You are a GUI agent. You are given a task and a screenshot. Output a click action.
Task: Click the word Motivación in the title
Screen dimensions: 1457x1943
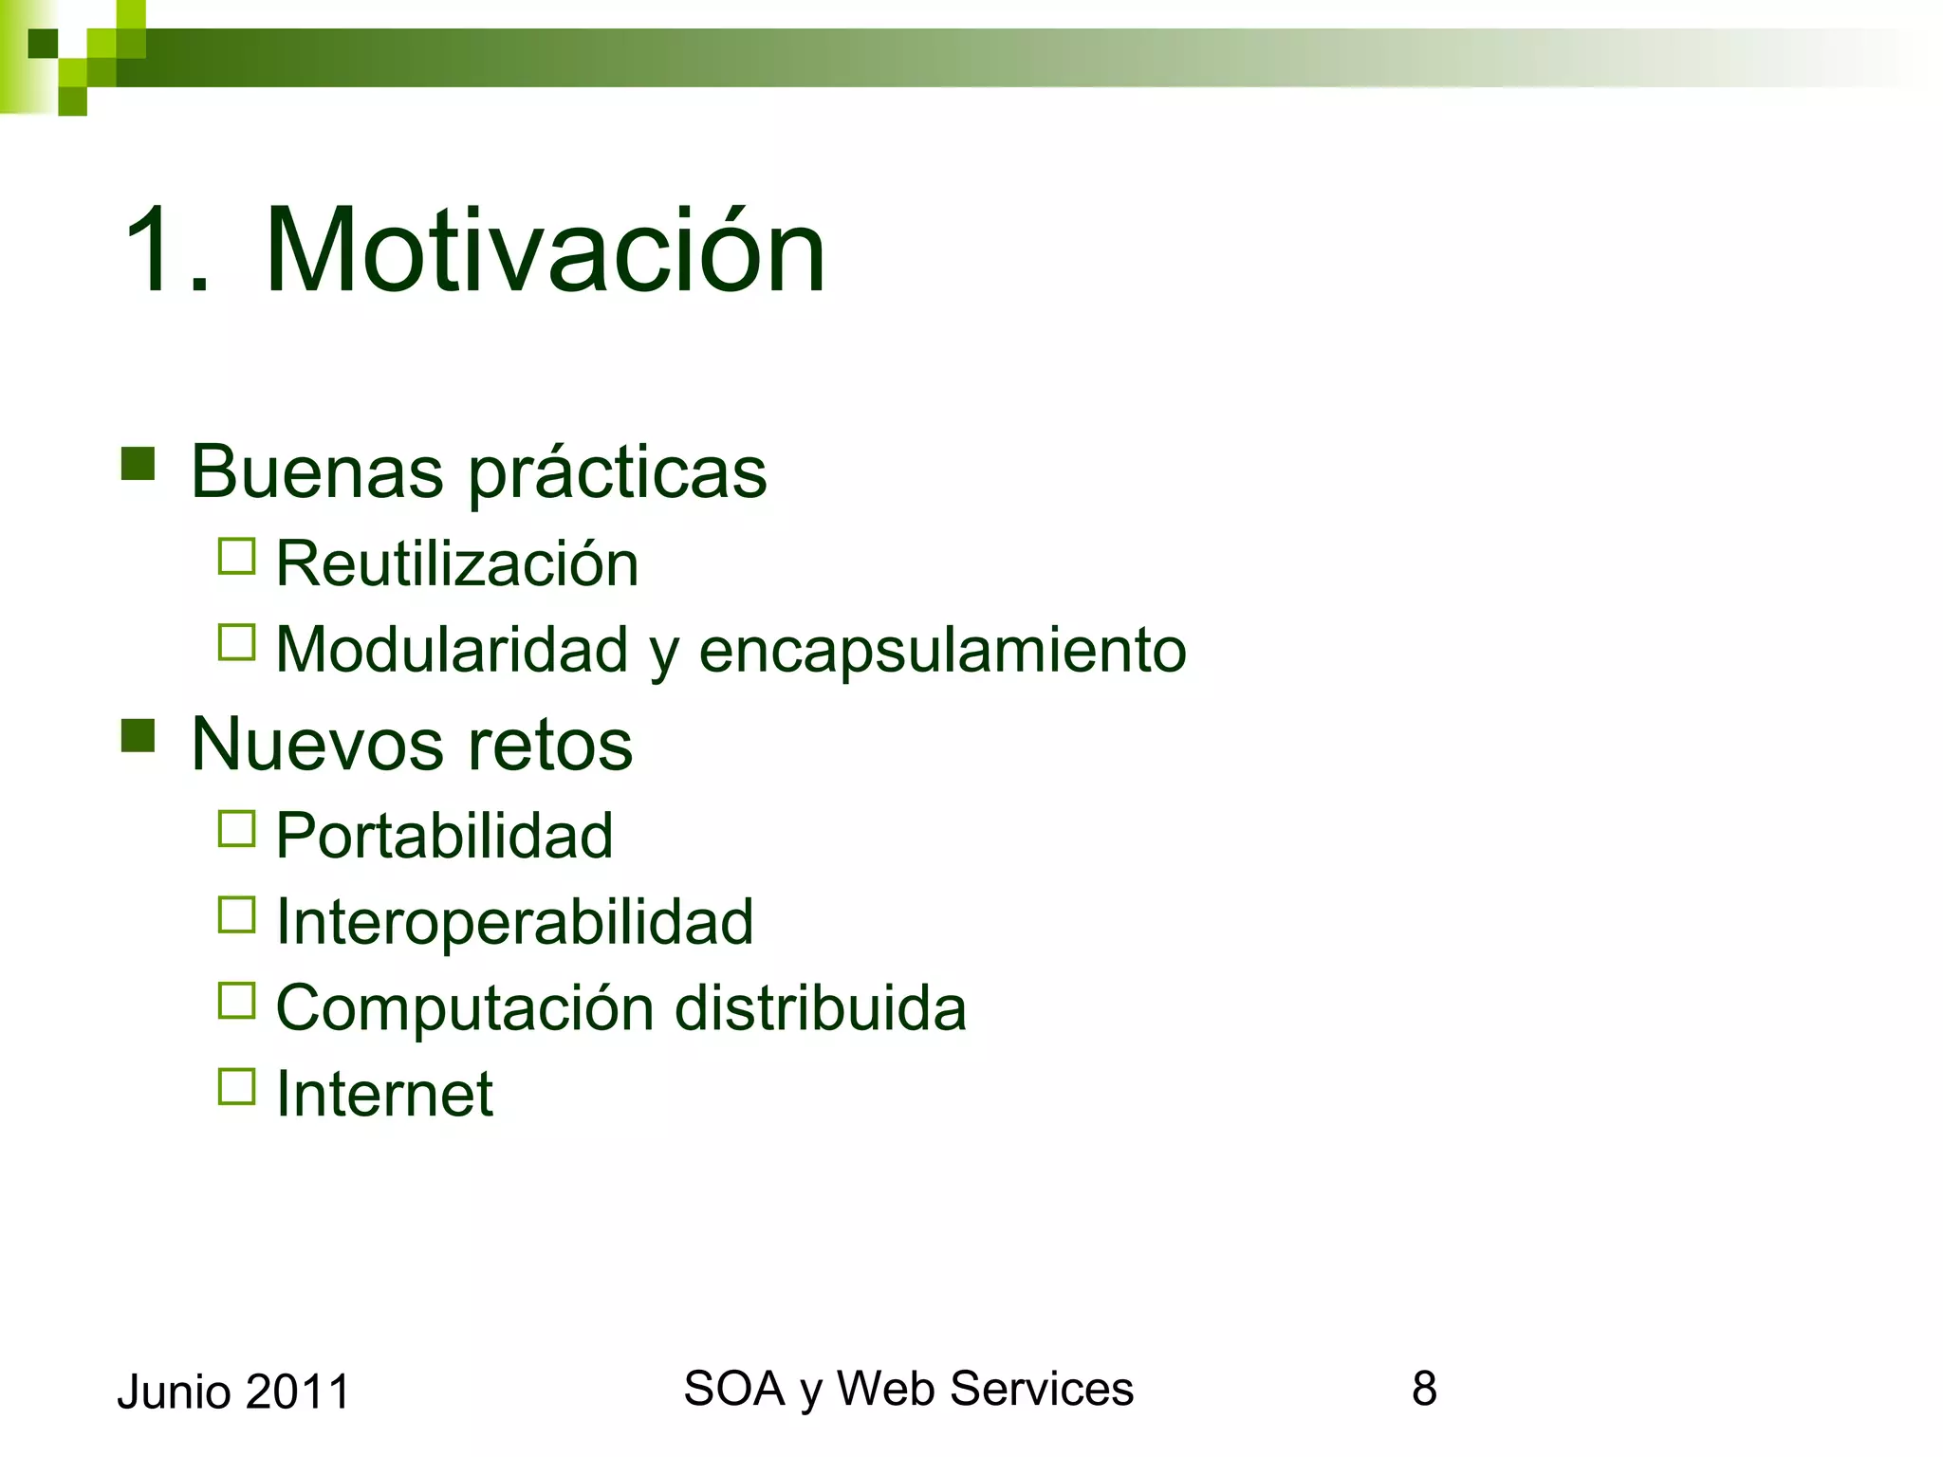pos(546,251)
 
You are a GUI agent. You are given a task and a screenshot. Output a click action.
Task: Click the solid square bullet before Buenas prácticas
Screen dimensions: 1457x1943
pos(139,464)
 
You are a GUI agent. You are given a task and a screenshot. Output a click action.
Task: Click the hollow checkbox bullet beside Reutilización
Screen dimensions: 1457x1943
pos(236,557)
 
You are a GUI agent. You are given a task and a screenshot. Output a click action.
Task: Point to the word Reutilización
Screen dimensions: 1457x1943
pos(457,563)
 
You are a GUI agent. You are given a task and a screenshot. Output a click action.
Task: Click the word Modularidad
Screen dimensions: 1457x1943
pos(452,650)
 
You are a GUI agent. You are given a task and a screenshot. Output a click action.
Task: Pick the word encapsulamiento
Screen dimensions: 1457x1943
pos(942,652)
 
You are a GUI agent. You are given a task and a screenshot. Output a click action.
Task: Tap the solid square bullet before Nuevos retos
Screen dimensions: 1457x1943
pos(139,735)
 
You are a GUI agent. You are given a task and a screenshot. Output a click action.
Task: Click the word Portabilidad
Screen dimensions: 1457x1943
pos(444,836)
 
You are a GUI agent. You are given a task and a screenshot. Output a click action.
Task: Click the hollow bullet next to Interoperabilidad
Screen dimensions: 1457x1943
pos(236,915)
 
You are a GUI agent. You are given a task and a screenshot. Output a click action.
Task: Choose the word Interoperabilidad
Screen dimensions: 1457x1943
pos(514,922)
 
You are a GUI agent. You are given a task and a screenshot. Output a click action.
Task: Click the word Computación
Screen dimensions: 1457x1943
pos(465,1009)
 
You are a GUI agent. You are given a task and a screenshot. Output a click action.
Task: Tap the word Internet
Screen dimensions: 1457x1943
pos(384,1094)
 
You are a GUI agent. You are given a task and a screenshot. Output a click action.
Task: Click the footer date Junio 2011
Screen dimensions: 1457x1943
pos(233,1392)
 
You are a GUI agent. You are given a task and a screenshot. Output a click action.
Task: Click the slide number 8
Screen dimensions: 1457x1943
pos(1424,1389)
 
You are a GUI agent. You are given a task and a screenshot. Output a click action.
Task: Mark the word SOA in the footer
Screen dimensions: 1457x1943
pos(733,1389)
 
